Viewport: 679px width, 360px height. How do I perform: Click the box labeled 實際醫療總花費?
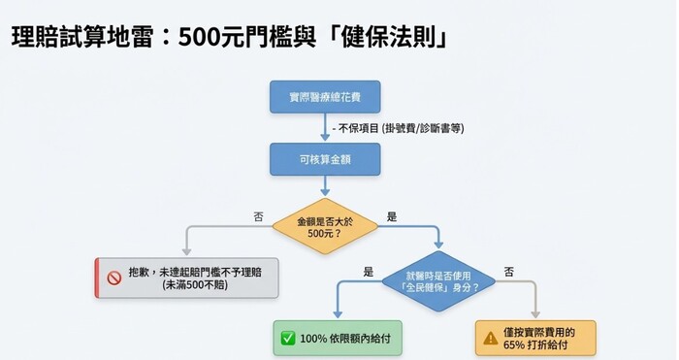pyautogui.click(x=324, y=97)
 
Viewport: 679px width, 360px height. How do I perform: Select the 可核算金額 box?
pyautogui.click(x=324, y=159)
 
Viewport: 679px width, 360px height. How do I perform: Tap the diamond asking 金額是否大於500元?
pyautogui.click(x=324, y=228)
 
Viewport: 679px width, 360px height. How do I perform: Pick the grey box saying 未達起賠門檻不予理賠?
pyautogui.click(x=186, y=278)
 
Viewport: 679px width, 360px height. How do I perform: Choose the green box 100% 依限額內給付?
pyautogui.click(x=338, y=338)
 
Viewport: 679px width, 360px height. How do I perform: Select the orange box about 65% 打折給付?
pyautogui.click(x=535, y=338)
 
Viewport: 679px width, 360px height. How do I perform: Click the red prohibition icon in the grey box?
pyautogui.click(x=113, y=278)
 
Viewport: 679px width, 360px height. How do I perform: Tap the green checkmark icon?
pyautogui.click(x=288, y=338)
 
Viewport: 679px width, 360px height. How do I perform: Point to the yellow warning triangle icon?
pyautogui.click(x=493, y=339)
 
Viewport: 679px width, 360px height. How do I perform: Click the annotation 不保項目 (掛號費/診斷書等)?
pyautogui.click(x=398, y=128)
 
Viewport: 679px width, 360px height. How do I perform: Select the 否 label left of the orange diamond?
pyautogui.click(x=258, y=217)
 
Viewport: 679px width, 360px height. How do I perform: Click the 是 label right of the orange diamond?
pyautogui.click(x=391, y=217)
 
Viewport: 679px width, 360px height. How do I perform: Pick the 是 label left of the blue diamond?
pyautogui.click(x=368, y=272)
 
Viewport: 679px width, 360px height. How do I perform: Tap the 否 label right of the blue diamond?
pyautogui.click(x=508, y=272)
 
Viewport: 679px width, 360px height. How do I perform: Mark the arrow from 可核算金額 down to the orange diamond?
pyautogui.click(x=324, y=188)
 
